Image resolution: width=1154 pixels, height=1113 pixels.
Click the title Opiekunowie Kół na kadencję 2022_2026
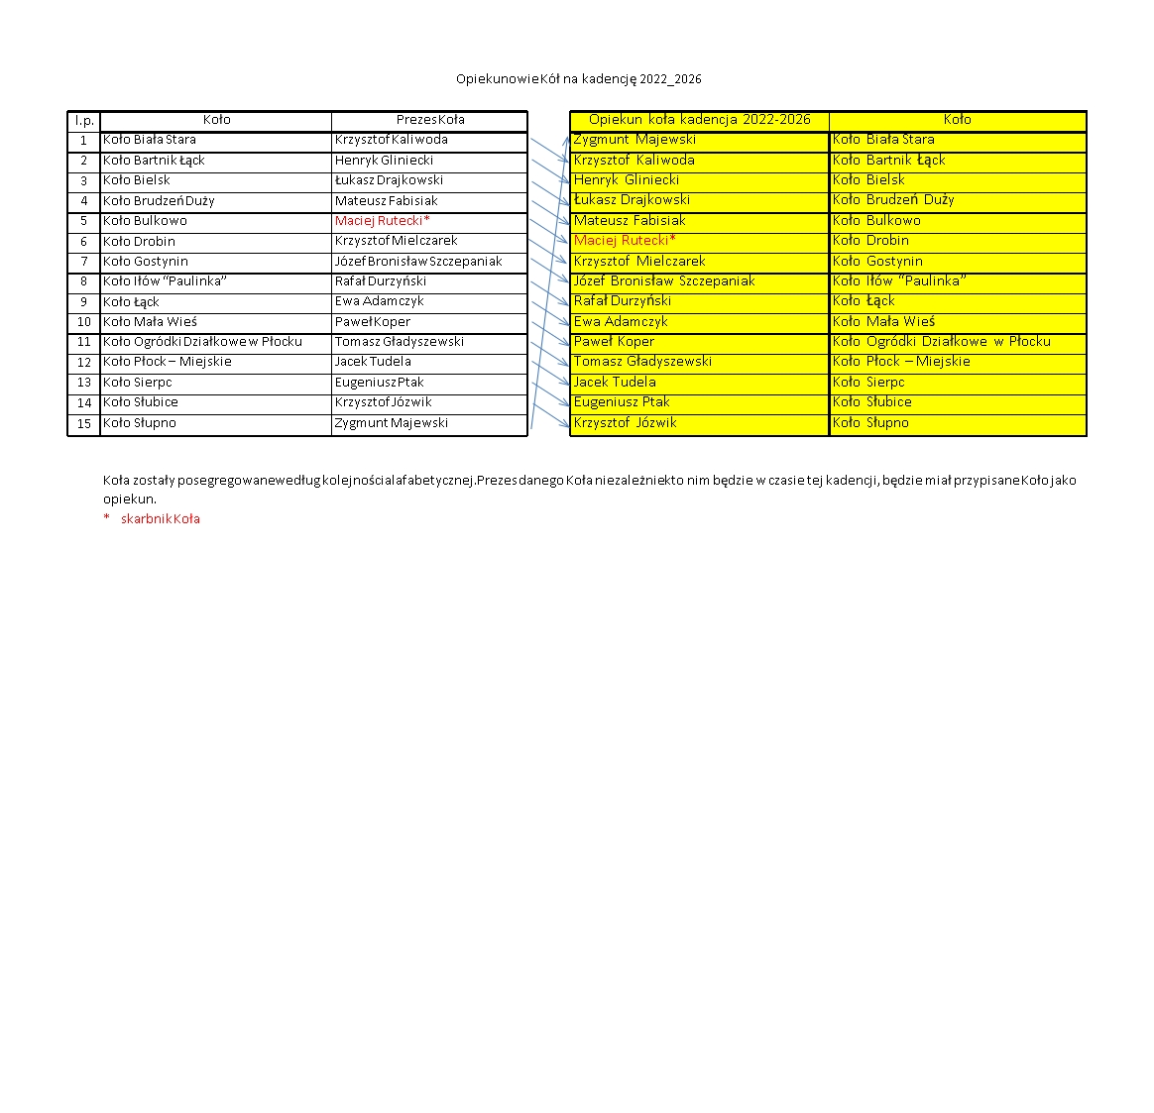[x=578, y=79]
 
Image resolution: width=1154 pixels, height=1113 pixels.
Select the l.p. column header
[x=84, y=121]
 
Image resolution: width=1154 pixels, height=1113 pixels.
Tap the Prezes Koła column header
[x=429, y=120]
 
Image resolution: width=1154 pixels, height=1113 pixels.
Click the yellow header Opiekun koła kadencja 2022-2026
[x=699, y=120]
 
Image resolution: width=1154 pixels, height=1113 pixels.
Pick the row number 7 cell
[x=84, y=262]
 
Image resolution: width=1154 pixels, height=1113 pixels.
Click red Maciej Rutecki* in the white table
[x=382, y=221]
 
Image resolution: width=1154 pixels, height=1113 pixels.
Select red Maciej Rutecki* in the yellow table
[x=625, y=241]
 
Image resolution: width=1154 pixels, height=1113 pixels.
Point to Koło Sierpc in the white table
[x=138, y=383]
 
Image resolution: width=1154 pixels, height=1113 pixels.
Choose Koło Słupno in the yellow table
[x=870, y=423]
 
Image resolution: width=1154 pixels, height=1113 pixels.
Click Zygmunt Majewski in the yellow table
[x=635, y=140]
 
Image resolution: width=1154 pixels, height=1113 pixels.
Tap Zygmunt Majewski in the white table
[x=391, y=423]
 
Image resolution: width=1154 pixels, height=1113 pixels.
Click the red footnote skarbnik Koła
[x=160, y=519]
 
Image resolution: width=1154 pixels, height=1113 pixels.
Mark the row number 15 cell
[x=84, y=423]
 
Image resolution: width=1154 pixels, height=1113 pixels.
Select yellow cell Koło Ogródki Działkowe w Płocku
[x=941, y=342]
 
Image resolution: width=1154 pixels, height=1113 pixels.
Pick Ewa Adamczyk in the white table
[x=379, y=301]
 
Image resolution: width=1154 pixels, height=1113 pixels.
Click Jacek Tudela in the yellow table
[x=615, y=383]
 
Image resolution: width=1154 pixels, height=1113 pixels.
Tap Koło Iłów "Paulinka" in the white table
[x=165, y=281]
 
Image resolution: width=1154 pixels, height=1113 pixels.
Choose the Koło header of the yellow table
[x=957, y=120]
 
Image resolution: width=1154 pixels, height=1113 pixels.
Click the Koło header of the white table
[x=216, y=120]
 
